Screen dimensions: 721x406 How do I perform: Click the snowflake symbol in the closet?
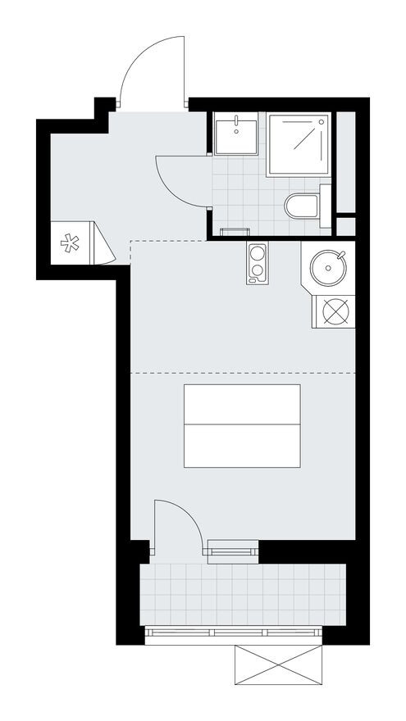pyautogui.click(x=71, y=243)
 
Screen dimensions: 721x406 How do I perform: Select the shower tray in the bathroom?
pyautogui.click(x=299, y=143)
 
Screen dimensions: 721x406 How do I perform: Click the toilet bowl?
pyautogui.click(x=301, y=206)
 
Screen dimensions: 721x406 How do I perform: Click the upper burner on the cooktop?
pyautogui.click(x=257, y=252)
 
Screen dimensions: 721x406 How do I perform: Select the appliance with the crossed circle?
pyautogui.click(x=335, y=311)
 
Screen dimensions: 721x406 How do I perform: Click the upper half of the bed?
pyautogui.click(x=241, y=404)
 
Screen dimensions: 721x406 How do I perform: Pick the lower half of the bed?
pyautogui.click(x=241, y=446)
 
